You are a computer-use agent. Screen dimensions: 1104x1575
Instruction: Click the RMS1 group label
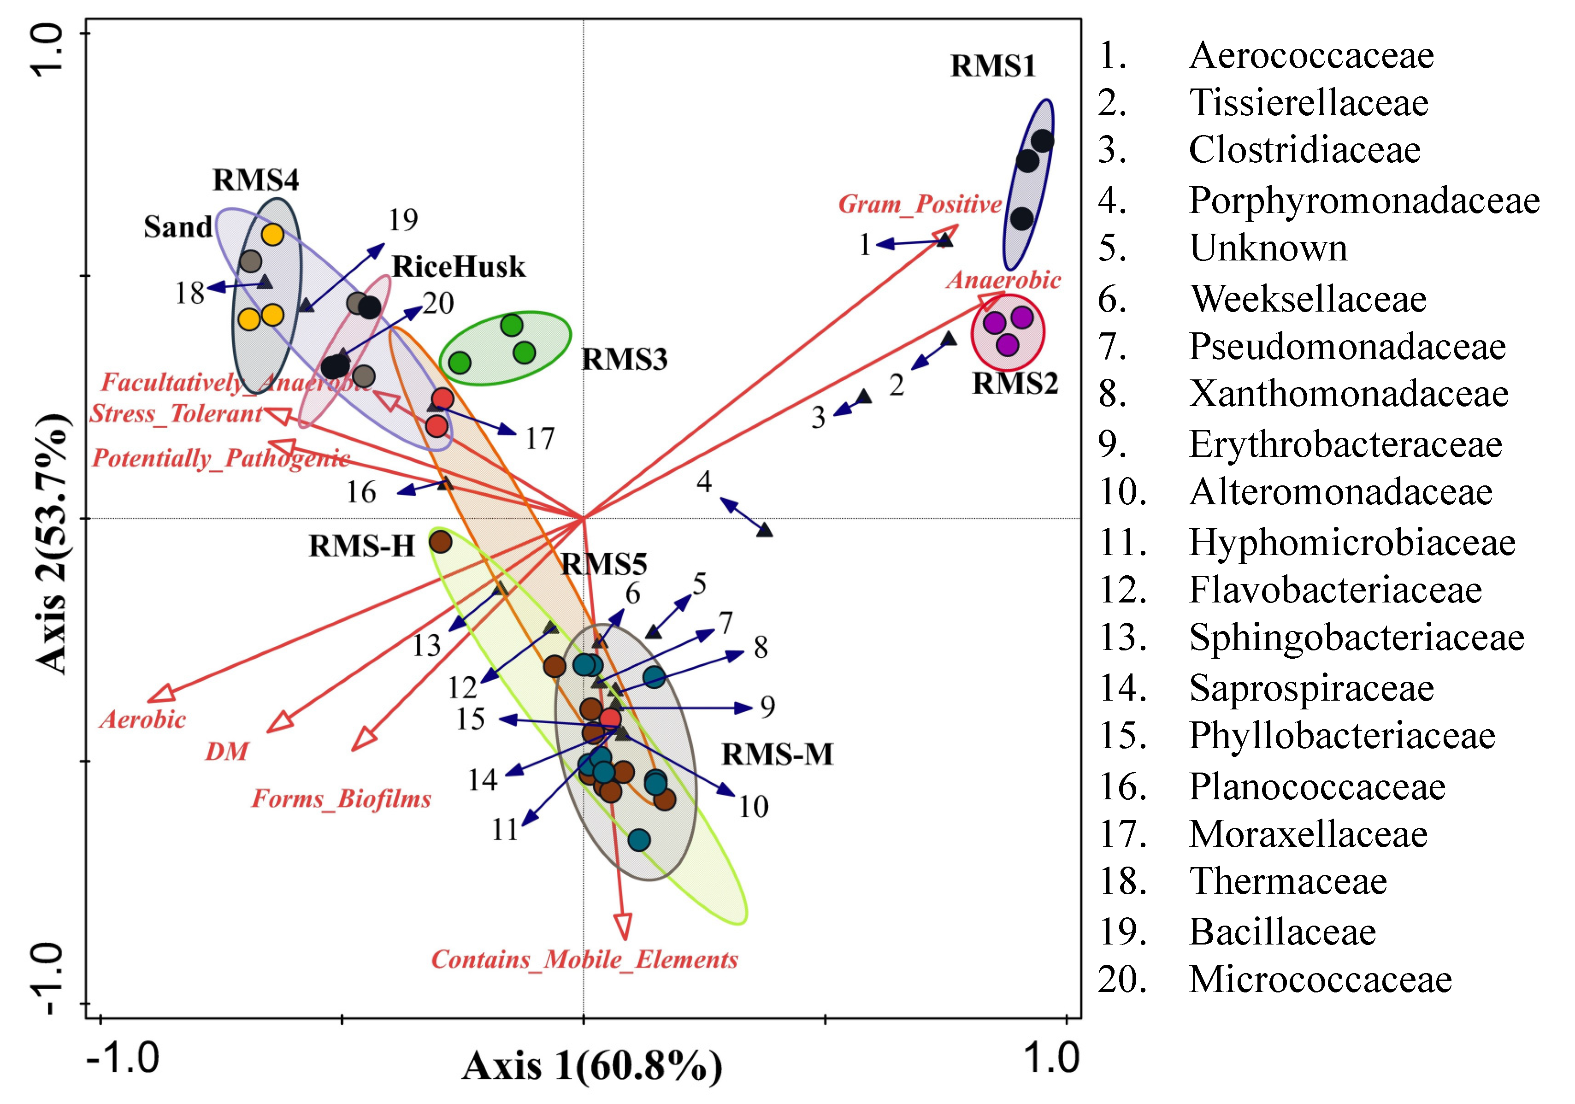click(992, 66)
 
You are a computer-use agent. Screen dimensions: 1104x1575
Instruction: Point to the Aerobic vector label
click(143, 719)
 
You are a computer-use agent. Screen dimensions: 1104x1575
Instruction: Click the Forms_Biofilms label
click(341, 799)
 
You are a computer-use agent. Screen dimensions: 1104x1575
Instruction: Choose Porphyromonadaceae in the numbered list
click(1364, 201)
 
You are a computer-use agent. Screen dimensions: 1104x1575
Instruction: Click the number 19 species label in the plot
click(403, 219)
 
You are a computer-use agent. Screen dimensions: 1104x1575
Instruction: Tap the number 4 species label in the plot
click(704, 482)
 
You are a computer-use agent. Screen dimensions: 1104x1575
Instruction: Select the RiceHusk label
click(458, 266)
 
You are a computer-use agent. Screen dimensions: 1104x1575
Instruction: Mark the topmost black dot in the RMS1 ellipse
click(1042, 142)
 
